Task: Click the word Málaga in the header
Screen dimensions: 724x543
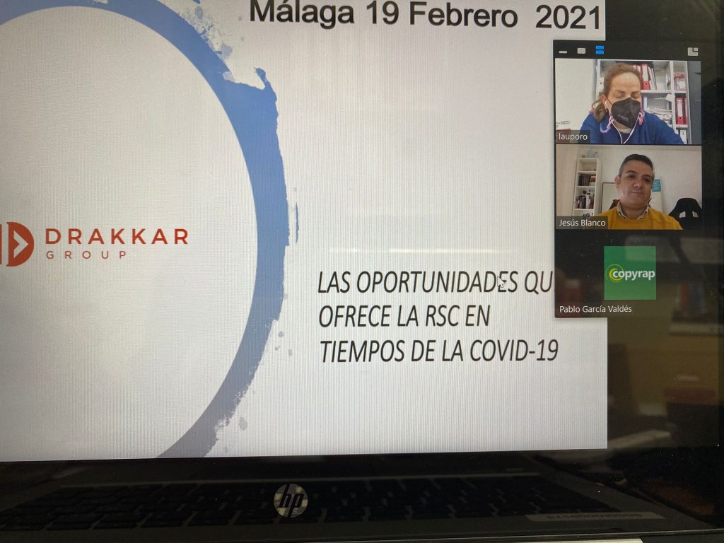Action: click(x=302, y=13)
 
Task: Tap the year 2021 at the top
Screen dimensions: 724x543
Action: click(x=568, y=18)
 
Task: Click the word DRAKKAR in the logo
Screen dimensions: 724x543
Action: click(x=117, y=236)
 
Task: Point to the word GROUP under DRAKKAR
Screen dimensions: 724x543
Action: click(x=86, y=255)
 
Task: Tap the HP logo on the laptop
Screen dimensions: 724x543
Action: click(x=291, y=501)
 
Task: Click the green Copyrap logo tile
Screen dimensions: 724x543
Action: click(x=630, y=272)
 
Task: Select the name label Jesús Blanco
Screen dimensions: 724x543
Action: click(x=582, y=223)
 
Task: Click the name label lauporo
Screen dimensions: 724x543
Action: click(x=573, y=136)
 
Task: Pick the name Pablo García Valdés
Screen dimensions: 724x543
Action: click(x=595, y=309)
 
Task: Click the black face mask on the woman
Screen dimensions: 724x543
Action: click(x=625, y=112)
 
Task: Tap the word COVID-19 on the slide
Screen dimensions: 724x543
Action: click(x=513, y=351)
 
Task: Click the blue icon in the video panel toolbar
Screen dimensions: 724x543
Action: click(x=600, y=50)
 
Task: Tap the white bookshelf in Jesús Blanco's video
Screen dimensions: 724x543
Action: click(x=586, y=187)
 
